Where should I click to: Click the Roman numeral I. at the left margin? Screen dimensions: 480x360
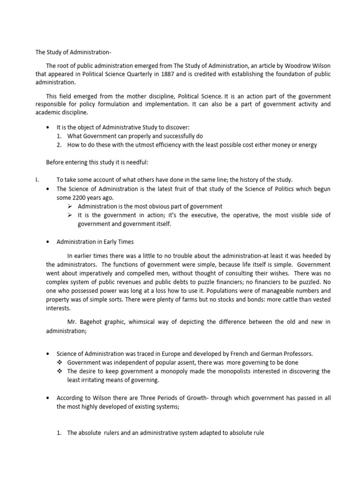pyautogui.click(x=38, y=180)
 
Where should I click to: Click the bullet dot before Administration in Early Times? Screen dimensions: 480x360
pyautogui.click(x=49, y=242)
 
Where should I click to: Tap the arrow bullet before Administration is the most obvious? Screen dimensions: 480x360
pyautogui.click(x=69, y=206)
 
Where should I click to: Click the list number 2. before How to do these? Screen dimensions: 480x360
pyautogui.click(x=59, y=145)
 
